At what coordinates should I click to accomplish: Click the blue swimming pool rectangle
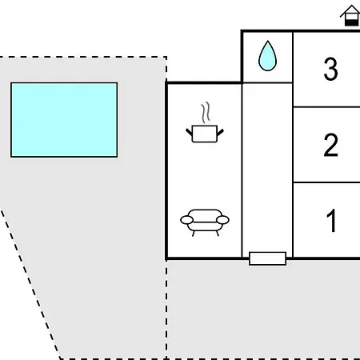pos(64,119)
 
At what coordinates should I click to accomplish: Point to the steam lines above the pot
pos(206,111)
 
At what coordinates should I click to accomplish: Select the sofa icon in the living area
pos(205,222)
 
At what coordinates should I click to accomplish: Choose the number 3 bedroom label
pos(330,70)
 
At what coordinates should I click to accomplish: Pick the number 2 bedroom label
pos(330,146)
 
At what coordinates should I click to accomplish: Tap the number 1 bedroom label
pos(331,221)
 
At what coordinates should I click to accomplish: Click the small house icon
pos(350,16)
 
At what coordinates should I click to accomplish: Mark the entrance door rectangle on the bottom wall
pos(267,258)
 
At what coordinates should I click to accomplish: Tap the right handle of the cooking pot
pos(221,129)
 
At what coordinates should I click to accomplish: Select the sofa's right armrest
pos(223,219)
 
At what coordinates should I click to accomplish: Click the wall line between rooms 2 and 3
pos(326,107)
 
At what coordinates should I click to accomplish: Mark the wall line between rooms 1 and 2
pos(326,182)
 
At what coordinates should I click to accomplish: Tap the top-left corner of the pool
pos(11,83)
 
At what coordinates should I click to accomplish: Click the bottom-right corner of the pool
pos(117,156)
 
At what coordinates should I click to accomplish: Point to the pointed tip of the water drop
pos(267,43)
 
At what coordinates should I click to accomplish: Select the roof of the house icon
pos(350,10)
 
